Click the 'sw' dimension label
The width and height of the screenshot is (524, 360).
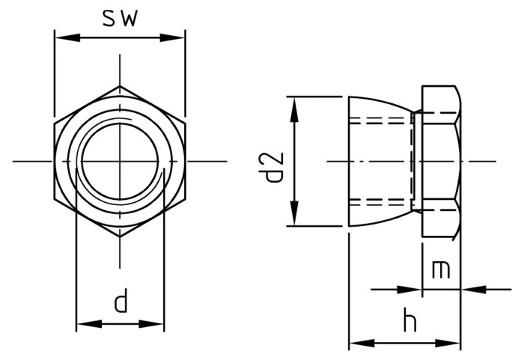(120, 19)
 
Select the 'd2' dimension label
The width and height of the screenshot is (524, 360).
(275, 166)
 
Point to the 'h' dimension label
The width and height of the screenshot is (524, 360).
(409, 322)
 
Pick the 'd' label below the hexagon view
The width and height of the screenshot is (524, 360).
(120, 303)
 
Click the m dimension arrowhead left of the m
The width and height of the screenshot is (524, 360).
(415, 289)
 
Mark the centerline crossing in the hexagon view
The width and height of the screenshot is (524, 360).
(120, 161)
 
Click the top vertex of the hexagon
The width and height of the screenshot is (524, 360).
(120, 85)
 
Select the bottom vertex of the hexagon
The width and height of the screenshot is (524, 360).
(120, 237)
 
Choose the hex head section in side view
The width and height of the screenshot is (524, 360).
(441, 161)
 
